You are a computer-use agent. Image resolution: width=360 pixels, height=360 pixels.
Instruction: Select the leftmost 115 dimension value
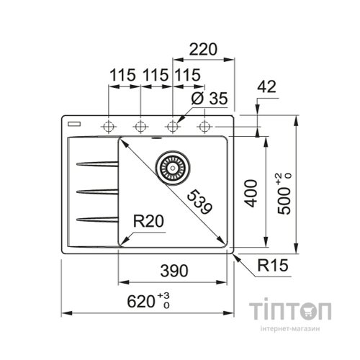click(124, 75)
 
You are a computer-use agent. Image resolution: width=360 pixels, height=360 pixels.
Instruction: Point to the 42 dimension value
click(266, 86)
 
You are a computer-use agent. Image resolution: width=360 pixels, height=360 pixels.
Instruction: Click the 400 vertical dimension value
click(251, 192)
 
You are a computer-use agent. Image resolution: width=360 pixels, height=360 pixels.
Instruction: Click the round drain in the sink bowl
click(172, 167)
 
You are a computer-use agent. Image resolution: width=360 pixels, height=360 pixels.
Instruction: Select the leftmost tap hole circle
click(109, 126)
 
